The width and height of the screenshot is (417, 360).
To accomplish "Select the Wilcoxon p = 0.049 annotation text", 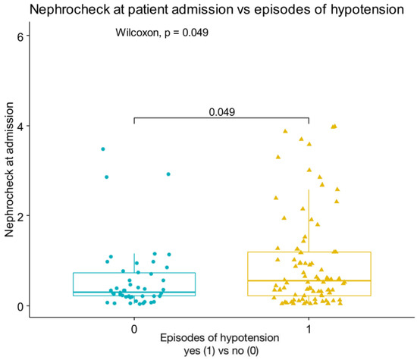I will click(x=162, y=33).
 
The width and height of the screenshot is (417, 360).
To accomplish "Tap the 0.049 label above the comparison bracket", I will click(x=222, y=111).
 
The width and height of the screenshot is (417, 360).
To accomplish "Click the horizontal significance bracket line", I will click(x=222, y=118).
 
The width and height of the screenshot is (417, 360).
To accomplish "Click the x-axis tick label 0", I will click(x=134, y=330).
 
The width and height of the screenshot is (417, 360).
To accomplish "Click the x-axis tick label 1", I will click(x=309, y=330).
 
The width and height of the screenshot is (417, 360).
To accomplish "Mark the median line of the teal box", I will click(x=134, y=293).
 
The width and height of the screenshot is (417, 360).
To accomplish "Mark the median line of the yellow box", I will click(x=309, y=280).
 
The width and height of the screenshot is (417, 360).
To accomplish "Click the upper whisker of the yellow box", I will click(x=309, y=220).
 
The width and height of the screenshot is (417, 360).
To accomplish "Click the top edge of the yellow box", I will click(x=309, y=252).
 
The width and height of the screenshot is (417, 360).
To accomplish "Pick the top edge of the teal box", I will click(x=134, y=273).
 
